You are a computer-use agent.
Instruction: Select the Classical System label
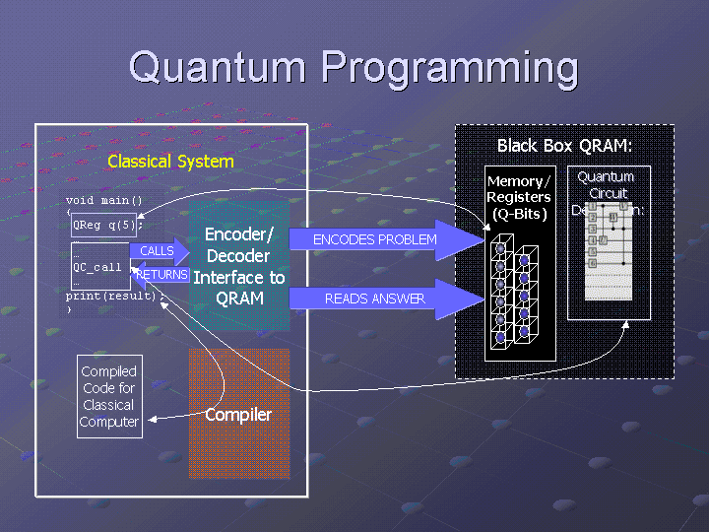point(170,162)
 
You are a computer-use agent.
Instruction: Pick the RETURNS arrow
point(161,275)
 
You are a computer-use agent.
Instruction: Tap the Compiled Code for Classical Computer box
point(109,397)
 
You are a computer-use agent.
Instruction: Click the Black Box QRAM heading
point(564,146)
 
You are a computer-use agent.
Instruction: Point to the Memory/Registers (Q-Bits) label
point(520,197)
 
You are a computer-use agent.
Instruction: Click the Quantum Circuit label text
point(608,184)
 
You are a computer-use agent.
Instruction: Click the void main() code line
point(104,201)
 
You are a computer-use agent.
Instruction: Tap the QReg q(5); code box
point(107,224)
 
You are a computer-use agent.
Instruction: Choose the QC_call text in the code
point(97,267)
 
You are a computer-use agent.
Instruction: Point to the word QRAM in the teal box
point(239,299)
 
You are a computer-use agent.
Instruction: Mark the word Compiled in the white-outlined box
point(109,371)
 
